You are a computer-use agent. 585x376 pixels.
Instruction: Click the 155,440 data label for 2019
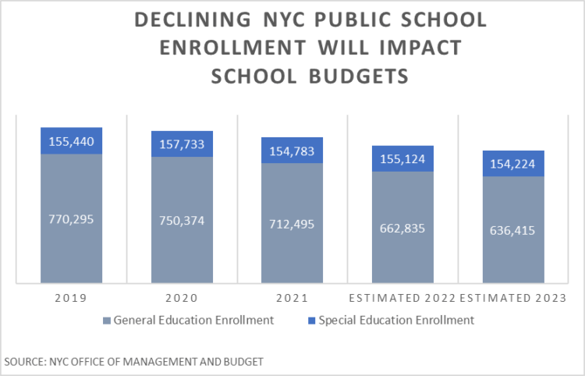[71, 141]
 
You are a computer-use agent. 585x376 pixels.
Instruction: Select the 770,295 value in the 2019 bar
[71, 219]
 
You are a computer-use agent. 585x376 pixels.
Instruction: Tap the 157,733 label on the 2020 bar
[182, 144]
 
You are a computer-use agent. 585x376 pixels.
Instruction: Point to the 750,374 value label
[182, 221]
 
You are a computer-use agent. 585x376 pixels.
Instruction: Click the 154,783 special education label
[292, 151]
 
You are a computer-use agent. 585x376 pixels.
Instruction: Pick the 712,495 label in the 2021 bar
[292, 225]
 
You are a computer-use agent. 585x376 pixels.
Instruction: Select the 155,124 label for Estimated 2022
[402, 158]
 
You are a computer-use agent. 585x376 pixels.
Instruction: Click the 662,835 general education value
[402, 228]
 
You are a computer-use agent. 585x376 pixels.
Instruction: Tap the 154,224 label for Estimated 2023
[512, 164]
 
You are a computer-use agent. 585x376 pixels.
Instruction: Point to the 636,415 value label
[512, 231]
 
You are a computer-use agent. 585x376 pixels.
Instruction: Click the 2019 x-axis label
[71, 297]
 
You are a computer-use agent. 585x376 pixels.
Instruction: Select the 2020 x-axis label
[182, 297]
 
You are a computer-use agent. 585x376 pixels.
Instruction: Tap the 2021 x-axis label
[292, 297]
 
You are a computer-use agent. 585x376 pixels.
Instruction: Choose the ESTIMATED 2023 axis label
[512, 297]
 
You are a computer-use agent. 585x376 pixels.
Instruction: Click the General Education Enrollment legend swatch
[108, 320]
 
